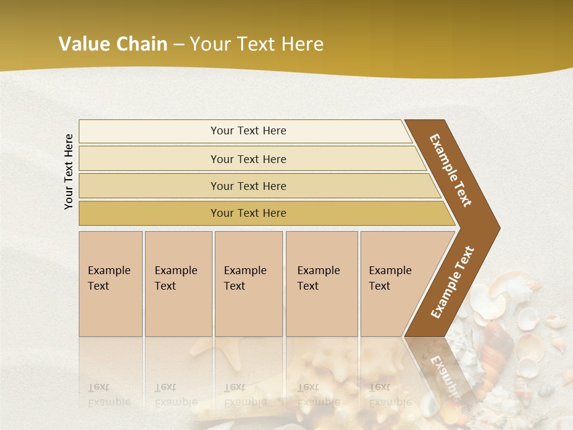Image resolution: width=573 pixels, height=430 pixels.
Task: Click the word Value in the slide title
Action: (x=83, y=44)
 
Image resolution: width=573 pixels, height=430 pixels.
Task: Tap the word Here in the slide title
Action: (x=301, y=44)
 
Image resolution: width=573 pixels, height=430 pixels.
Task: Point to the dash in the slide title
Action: (x=178, y=45)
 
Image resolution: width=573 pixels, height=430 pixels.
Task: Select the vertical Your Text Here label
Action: (x=69, y=171)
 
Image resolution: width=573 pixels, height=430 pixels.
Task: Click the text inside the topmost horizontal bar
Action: (x=248, y=131)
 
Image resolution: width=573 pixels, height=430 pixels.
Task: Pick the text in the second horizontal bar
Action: (x=248, y=159)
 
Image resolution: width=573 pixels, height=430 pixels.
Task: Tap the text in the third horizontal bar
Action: (x=248, y=186)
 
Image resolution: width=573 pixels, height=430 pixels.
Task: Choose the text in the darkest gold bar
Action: (x=248, y=213)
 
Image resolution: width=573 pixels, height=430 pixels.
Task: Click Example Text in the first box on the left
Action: (x=109, y=278)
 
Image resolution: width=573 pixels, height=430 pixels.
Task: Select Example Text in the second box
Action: (x=175, y=278)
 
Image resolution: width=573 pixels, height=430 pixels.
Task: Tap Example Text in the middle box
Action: (x=245, y=278)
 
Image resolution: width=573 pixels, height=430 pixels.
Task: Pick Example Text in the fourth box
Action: (x=318, y=278)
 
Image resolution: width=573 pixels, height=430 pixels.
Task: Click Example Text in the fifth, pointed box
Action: (x=390, y=278)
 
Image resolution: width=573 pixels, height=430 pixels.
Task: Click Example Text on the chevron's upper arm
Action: (x=451, y=170)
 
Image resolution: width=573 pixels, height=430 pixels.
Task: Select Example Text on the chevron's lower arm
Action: (x=452, y=282)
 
